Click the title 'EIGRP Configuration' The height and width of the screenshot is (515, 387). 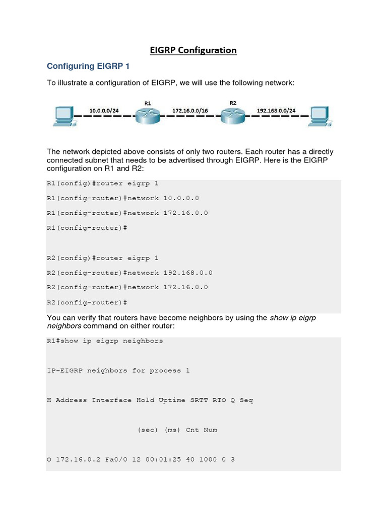[x=193, y=50]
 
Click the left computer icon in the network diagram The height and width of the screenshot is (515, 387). [x=63, y=116]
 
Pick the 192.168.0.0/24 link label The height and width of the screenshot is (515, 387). [x=276, y=109]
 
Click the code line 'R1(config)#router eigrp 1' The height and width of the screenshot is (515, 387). [x=102, y=184]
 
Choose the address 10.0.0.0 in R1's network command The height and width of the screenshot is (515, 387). [x=181, y=198]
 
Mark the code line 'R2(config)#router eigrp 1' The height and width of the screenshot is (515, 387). [x=102, y=258]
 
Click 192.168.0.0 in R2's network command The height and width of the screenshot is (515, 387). [x=187, y=273]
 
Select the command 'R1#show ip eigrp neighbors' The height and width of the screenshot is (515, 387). [x=105, y=341]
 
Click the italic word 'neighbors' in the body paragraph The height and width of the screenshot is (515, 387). [x=64, y=325]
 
